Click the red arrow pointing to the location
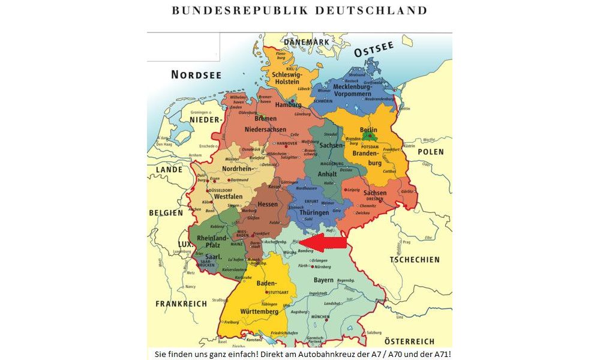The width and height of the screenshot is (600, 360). tap(330, 242)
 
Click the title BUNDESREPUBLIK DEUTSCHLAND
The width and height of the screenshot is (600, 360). tap(299, 11)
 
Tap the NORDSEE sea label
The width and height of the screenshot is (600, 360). tap(196, 75)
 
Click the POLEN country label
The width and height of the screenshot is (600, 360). tap(431, 152)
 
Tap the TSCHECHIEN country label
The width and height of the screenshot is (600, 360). tap(415, 260)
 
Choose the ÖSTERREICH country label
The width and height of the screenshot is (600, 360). tap(409, 341)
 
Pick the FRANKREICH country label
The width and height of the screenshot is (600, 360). tap(181, 304)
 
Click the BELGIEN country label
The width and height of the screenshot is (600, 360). tap(166, 213)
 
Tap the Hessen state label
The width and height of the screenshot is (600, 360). tap(268, 205)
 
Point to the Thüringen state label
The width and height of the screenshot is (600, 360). tap(314, 213)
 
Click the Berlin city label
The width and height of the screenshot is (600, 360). tap(368, 130)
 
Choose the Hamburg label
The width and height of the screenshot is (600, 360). tap(288, 104)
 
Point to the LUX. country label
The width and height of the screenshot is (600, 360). tap(183, 245)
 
